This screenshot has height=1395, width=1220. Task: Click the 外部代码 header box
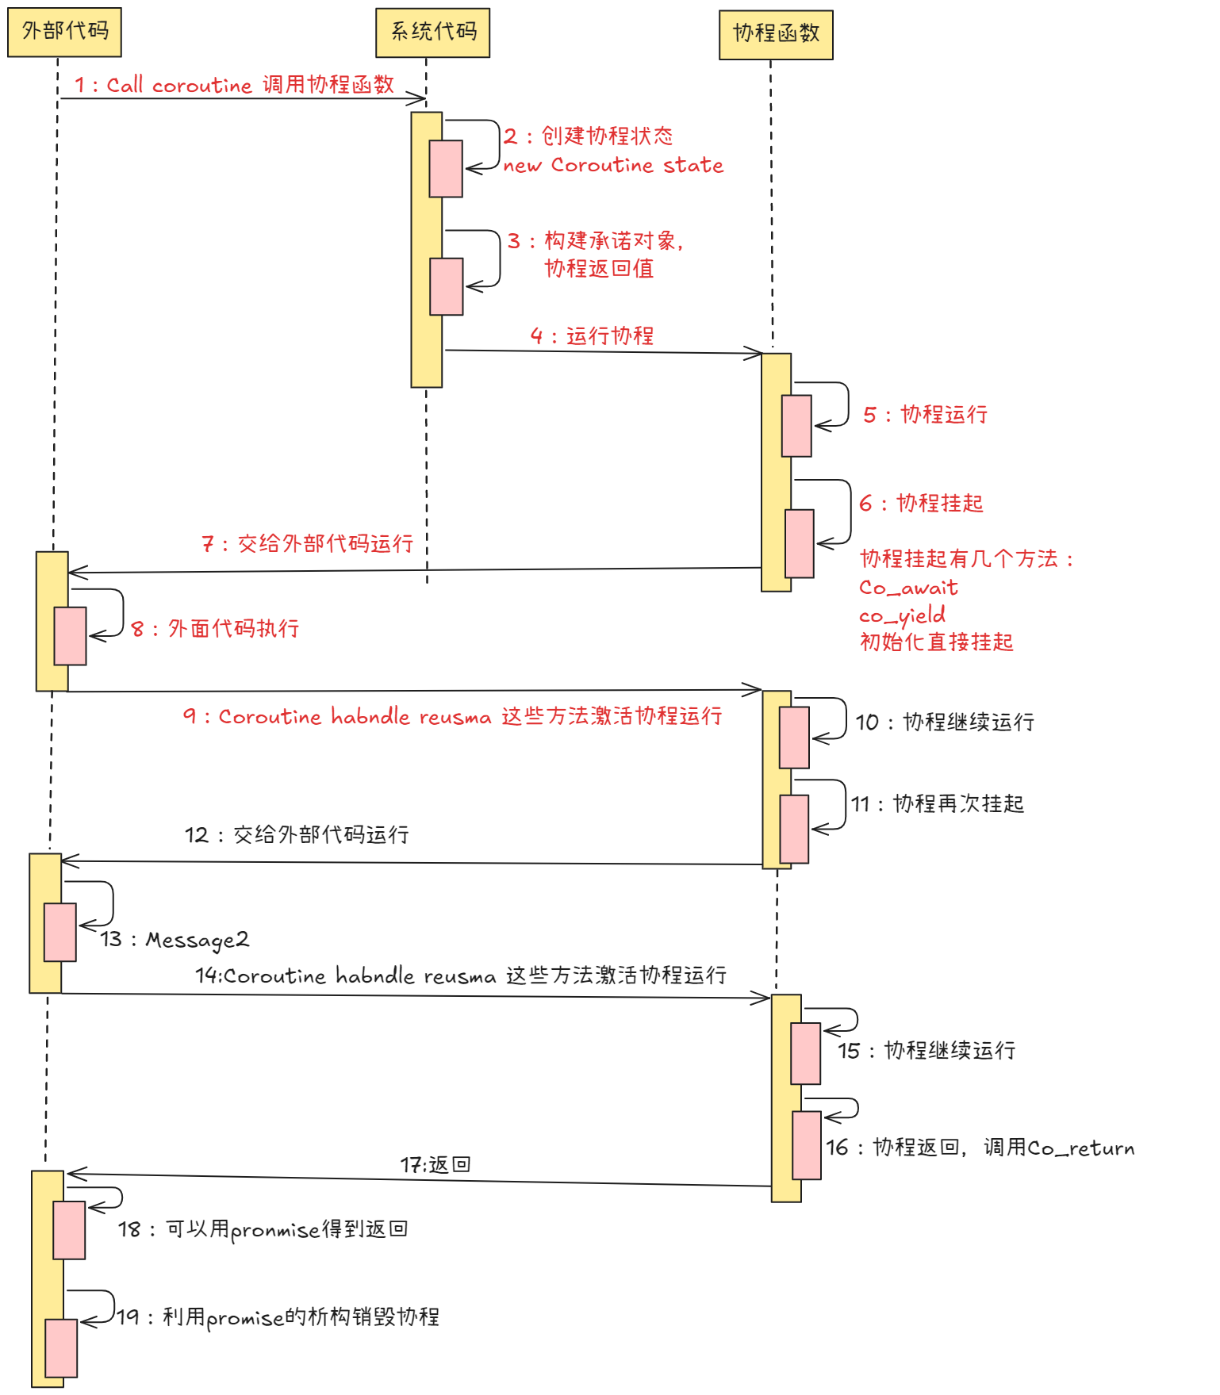tap(64, 33)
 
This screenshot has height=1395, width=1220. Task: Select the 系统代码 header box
tap(432, 33)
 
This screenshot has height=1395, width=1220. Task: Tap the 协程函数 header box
tap(775, 35)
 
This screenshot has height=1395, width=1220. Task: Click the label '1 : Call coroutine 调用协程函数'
tap(235, 85)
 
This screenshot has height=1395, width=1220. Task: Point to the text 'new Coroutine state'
tap(613, 165)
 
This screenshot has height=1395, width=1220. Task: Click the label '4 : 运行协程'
tap(592, 335)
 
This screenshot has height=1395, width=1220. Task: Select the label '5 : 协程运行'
tap(925, 414)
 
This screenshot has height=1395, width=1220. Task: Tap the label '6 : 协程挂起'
tap(921, 503)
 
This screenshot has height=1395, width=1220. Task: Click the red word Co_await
tap(908, 588)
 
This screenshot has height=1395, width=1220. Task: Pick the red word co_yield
tap(902, 615)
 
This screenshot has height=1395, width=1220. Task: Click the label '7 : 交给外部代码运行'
tap(307, 543)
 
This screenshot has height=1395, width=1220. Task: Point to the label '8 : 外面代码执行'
tap(215, 629)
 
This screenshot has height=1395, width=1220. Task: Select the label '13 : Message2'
tap(175, 940)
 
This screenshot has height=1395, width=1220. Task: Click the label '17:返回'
tap(435, 1164)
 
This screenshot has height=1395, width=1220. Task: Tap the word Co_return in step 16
tap(1080, 1148)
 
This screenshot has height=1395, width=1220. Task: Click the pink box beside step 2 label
tap(446, 169)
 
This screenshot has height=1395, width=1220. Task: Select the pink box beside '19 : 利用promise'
tap(61, 1348)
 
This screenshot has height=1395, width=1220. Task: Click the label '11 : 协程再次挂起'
tap(938, 803)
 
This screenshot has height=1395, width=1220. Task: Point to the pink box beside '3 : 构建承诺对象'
tap(446, 286)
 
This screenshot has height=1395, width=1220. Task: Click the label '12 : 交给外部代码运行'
tap(297, 834)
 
